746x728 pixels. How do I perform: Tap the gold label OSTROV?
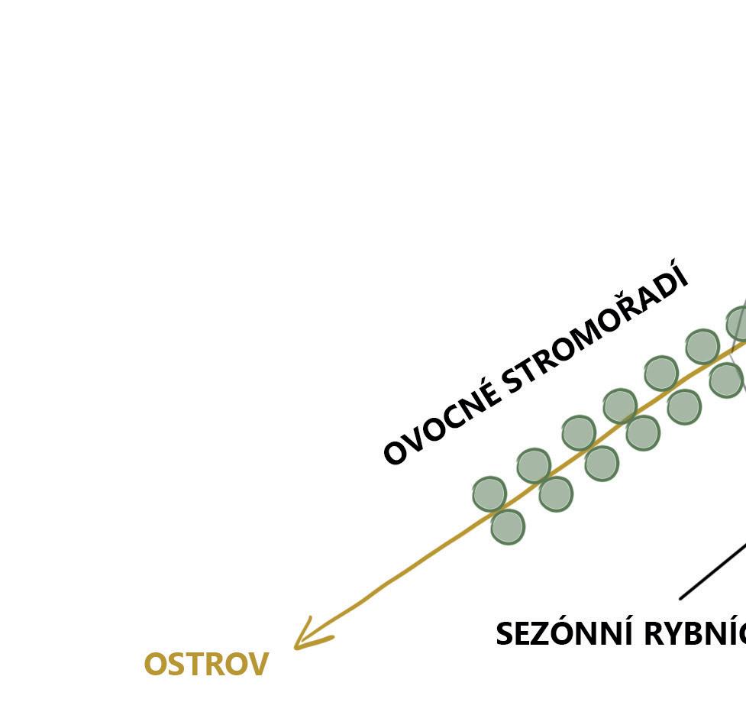coord(206,665)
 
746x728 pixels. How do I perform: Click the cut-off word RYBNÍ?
coord(695,634)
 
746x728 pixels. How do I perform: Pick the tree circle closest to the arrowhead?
coord(507,526)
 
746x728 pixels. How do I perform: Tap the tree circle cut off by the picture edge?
coord(738,324)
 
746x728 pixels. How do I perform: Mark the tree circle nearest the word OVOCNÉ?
coord(489,493)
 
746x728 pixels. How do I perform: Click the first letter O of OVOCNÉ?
coord(394,452)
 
